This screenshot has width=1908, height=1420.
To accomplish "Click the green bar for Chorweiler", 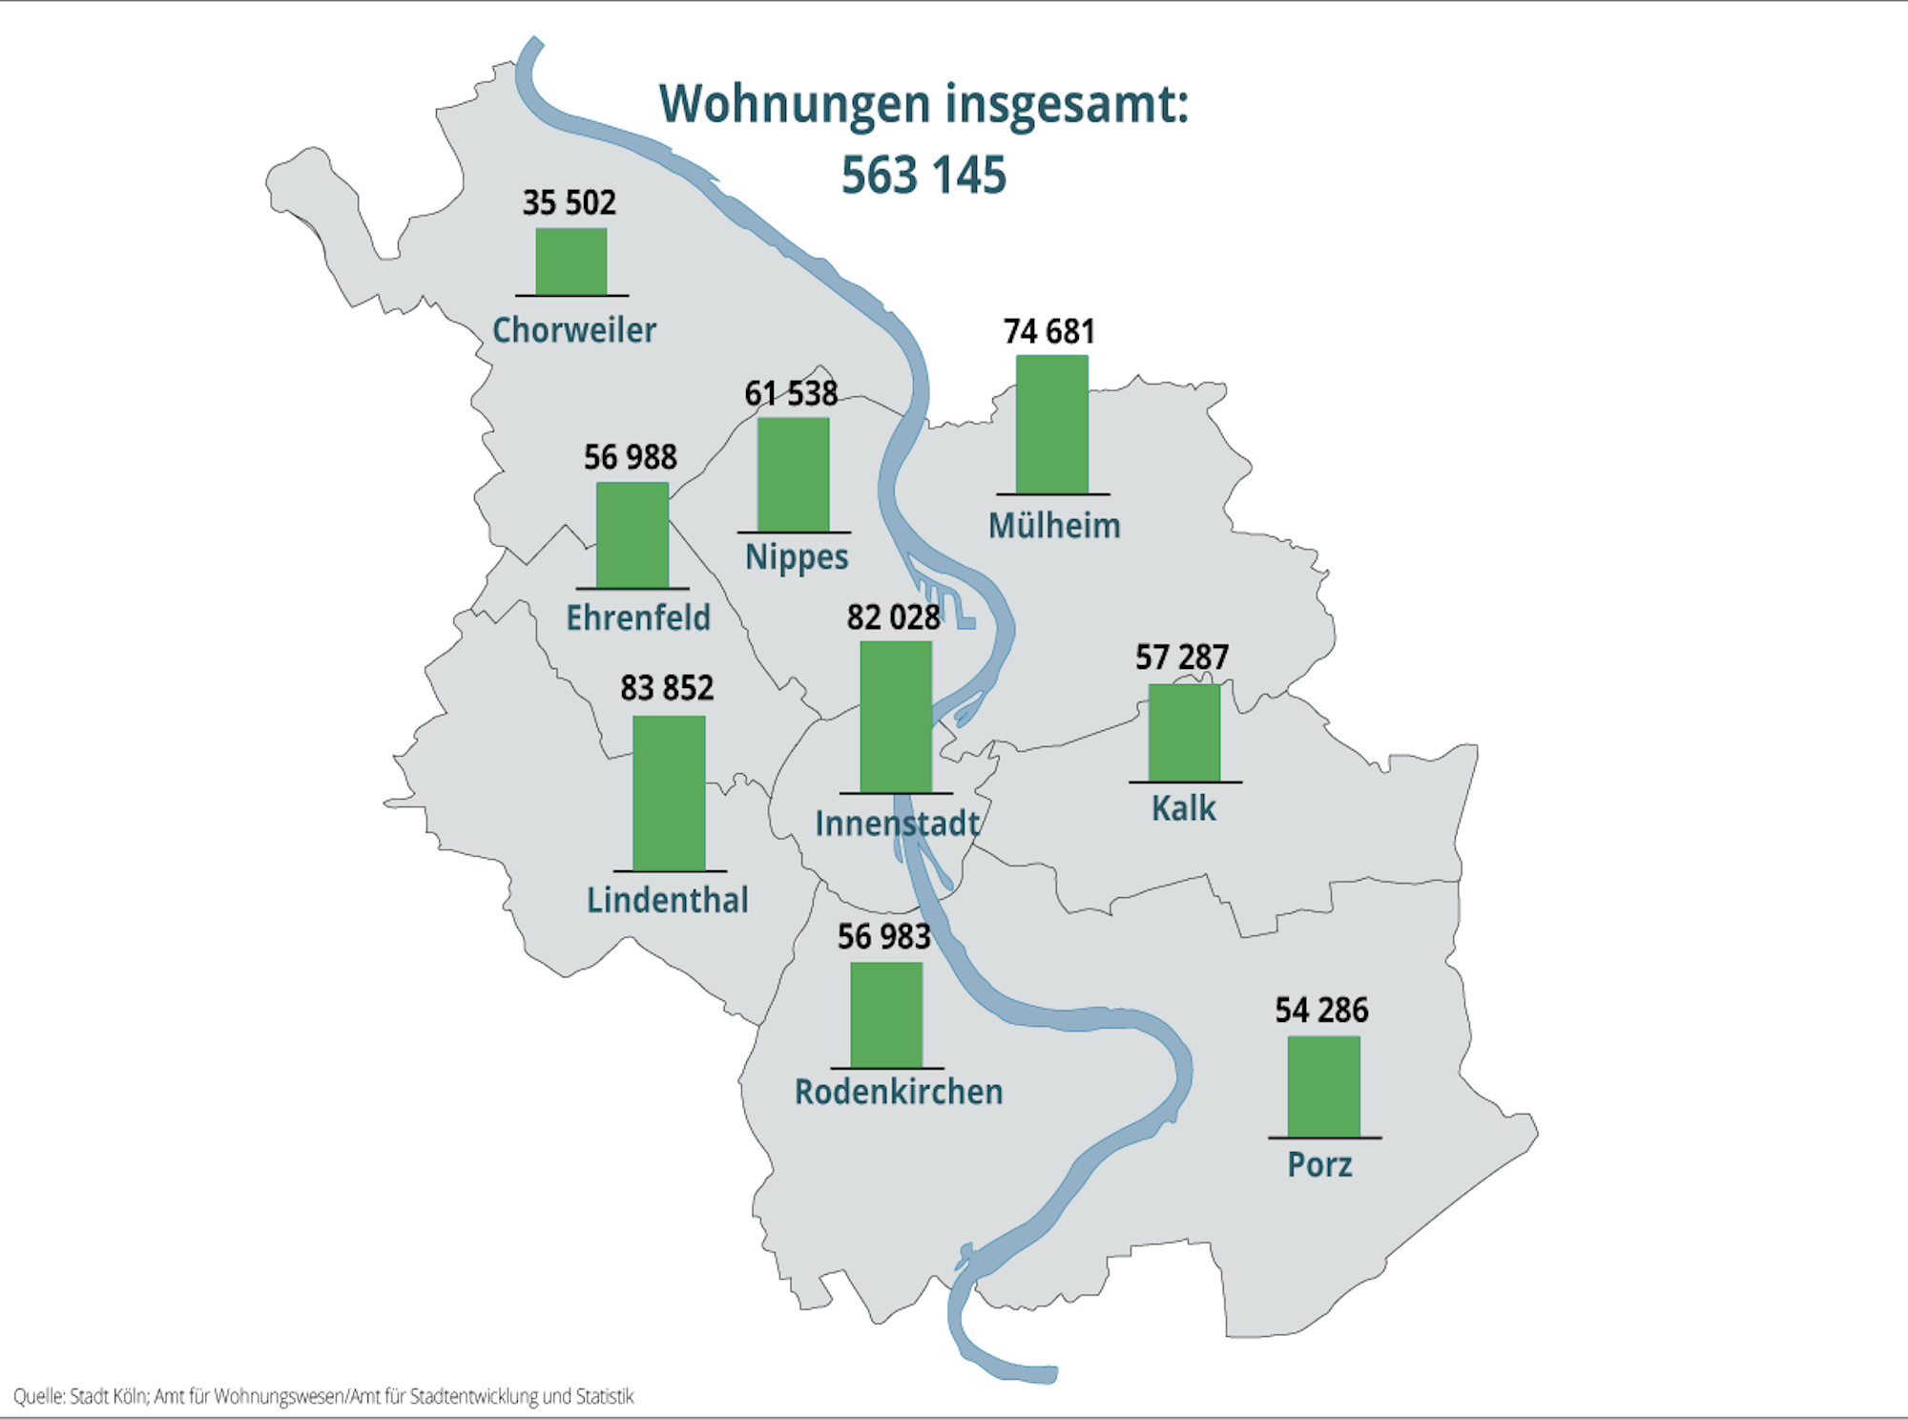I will [x=570, y=261].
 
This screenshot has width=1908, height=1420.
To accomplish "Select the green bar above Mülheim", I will [x=1051, y=425].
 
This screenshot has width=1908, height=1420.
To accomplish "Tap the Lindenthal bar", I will [x=669, y=793].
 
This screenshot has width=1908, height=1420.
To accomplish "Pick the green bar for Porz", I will [x=1323, y=1087].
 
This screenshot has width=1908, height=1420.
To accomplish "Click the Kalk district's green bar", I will [x=1184, y=733].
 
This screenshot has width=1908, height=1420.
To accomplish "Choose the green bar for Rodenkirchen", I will [x=886, y=1015].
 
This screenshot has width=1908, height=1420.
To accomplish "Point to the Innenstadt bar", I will [x=896, y=717].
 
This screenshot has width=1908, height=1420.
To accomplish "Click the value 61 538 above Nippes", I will [x=791, y=393].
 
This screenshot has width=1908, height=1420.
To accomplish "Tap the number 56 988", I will [x=630, y=457].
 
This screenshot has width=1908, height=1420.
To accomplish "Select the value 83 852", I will [x=667, y=688].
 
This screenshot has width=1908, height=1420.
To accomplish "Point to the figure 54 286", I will [x=1321, y=1010].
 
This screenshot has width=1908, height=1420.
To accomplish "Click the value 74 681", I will [x=1048, y=331].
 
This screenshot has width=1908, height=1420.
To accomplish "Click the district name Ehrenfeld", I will [x=637, y=617].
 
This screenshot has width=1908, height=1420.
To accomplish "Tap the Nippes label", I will [x=797, y=557].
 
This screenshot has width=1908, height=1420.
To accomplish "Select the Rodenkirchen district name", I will [x=899, y=1092].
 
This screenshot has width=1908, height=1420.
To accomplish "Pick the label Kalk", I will [x=1184, y=808].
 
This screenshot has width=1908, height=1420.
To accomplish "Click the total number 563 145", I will [x=923, y=176].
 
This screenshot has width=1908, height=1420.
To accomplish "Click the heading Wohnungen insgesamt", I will [x=923, y=103].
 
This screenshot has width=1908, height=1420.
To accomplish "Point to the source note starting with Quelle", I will [x=323, y=1396].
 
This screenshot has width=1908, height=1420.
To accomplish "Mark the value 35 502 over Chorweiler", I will [x=569, y=202].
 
